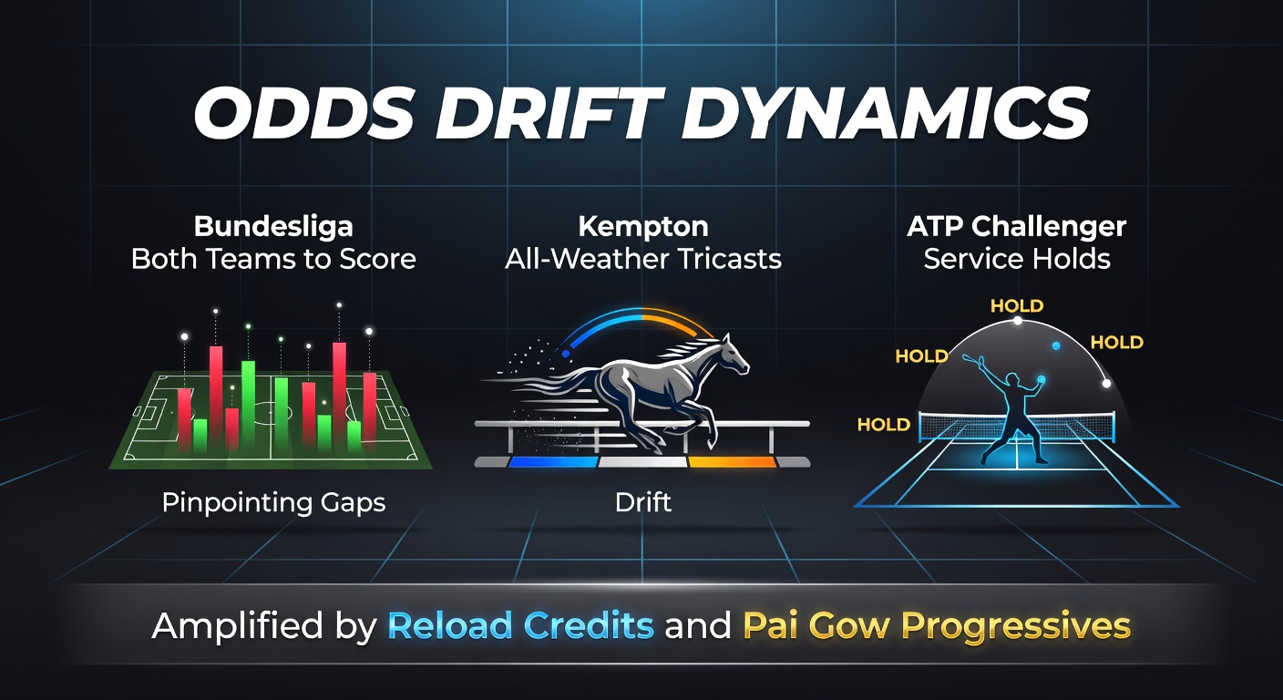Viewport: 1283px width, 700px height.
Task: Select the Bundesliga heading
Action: pyautogui.click(x=273, y=226)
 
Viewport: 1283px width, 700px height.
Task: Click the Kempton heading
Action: pyautogui.click(x=643, y=227)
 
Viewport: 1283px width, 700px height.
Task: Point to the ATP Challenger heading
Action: pyautogui.click(x=1017, y=227)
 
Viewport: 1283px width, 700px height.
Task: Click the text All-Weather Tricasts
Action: pyautogui.click(x=643, y=259)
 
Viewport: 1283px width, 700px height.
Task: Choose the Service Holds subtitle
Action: pyautogui.click(x=1017, y=259)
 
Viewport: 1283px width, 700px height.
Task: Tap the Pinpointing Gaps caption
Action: pyautogui.click(x=273, y=503)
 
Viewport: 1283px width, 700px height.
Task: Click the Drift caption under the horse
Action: pyautogui.click(x=643, y=502)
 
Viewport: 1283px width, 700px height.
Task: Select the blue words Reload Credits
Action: pyautogui.click(x=520, y=625)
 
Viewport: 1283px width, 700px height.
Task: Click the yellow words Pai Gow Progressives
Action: pyautogui.click(x=937, y=626)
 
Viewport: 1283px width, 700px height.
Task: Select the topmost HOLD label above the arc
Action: pyautogui.click(x=1017, y=306)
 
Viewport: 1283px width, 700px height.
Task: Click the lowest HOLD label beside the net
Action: pyautogui.click(x=884, y=425)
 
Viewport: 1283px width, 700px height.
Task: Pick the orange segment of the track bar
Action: pyautogui.click(x=732, y=462)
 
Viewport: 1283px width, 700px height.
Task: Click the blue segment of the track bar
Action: pyautogui.click(x=553, y=462)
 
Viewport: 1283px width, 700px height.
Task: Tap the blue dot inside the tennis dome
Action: pyautogui.click(x=1056, y=346)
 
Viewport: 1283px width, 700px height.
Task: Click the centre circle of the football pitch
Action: pyautogui.click(x=272, y=412)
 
